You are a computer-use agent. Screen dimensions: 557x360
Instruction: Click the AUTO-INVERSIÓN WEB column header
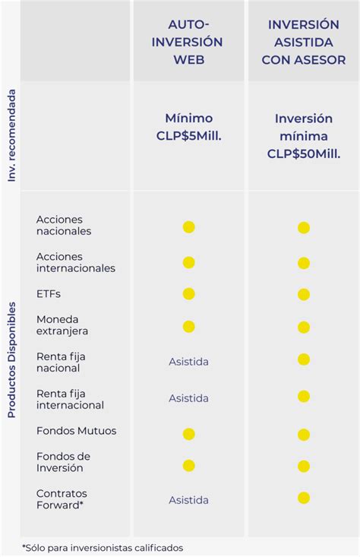click(x=188, y=42)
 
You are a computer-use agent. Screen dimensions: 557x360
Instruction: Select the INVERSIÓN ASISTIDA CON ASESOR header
click(x=304, y=42)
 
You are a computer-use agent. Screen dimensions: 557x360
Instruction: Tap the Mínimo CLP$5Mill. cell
click(x=188, y=127)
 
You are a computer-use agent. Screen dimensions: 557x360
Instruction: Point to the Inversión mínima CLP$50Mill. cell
click(x=304, y=136)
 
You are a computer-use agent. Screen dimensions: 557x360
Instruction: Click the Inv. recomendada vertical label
click(x=11, y=135)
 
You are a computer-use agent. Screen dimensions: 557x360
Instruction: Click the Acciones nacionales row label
click(x=64, y=225)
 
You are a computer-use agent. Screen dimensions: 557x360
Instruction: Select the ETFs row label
click(x=49, y=293)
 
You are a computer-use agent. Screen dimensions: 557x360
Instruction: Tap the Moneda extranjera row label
click(x=62, y=325)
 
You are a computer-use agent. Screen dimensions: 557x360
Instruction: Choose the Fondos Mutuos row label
click(x=77, y=431)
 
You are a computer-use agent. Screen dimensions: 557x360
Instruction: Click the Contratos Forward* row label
click(x=62, y=499)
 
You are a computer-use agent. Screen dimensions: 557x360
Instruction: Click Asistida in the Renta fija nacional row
click(x=188, y=362)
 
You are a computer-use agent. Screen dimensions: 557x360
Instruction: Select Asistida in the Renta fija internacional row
click(x=188, y=398)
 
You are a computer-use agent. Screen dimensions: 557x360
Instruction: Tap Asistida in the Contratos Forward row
click(x=188, y=500)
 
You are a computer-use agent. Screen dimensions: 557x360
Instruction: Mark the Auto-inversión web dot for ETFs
click(x=188, y=293)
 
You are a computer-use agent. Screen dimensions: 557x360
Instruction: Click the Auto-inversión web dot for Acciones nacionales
click(x=188, y=227)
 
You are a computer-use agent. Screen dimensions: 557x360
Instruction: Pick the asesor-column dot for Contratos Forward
click(x=304, y=498)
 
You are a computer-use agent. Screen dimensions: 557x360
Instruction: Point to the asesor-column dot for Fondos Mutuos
click(x=304, y=435)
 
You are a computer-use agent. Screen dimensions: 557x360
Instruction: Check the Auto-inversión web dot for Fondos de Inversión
click(x=188, y=465)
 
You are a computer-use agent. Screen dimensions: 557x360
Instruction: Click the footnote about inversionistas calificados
click(x=103, y=547)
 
